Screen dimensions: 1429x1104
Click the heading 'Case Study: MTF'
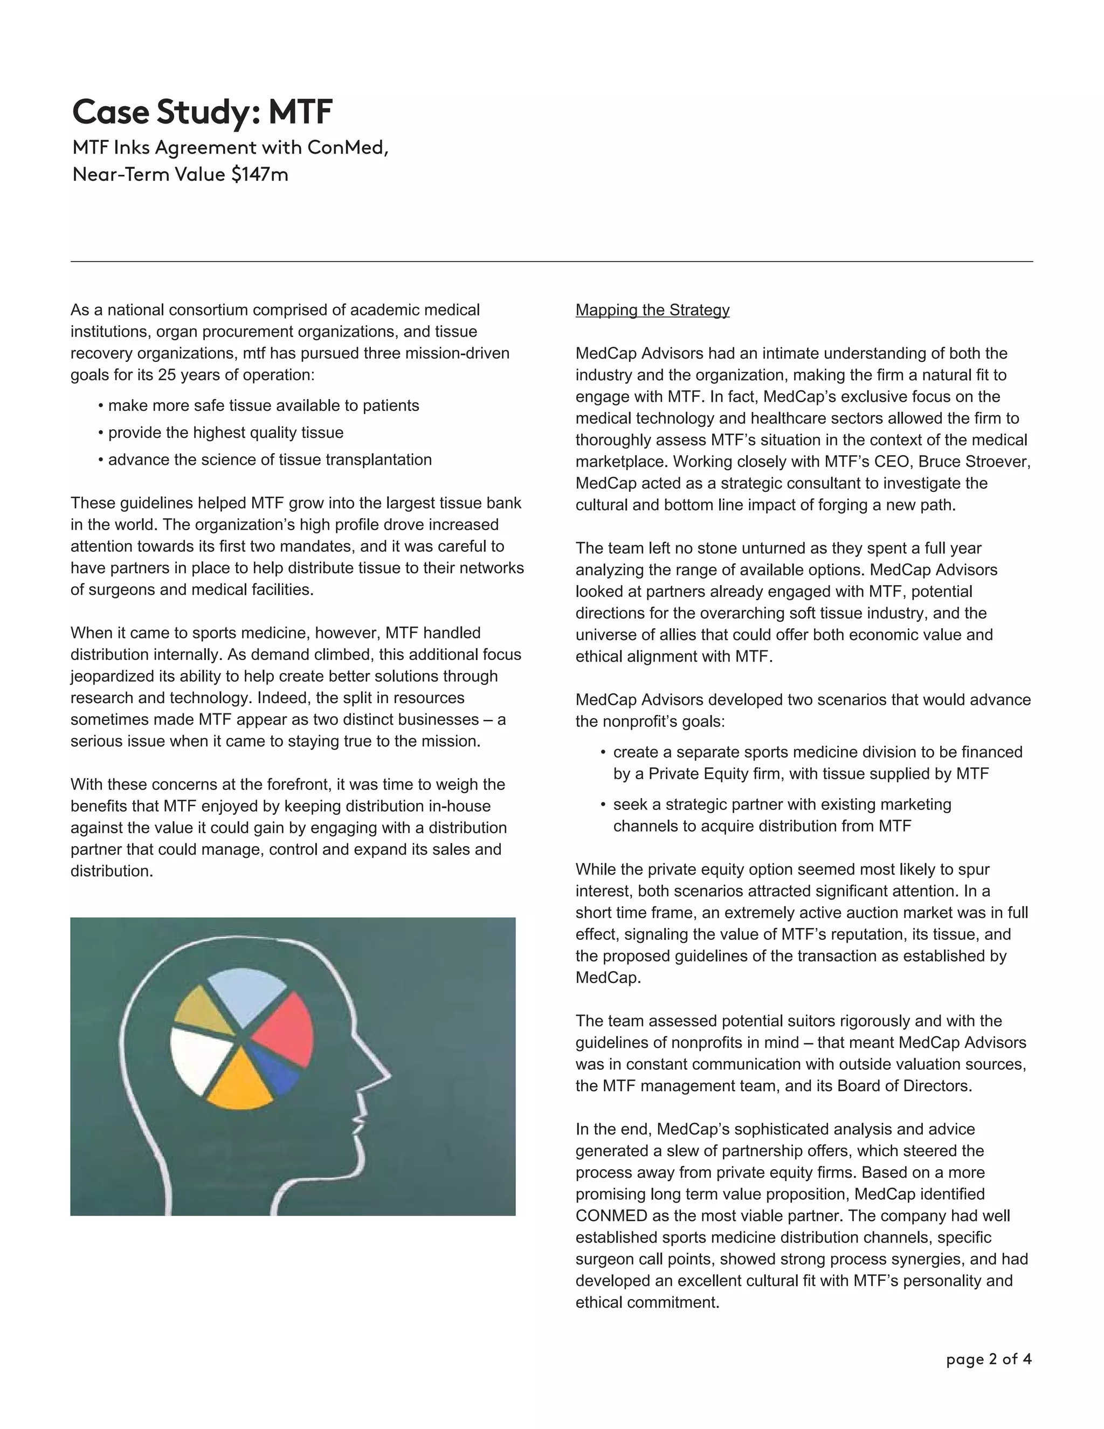[202, 112]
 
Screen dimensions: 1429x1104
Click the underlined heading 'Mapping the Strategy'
[652, 310]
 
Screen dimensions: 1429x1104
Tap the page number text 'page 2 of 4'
[988, 1359]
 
